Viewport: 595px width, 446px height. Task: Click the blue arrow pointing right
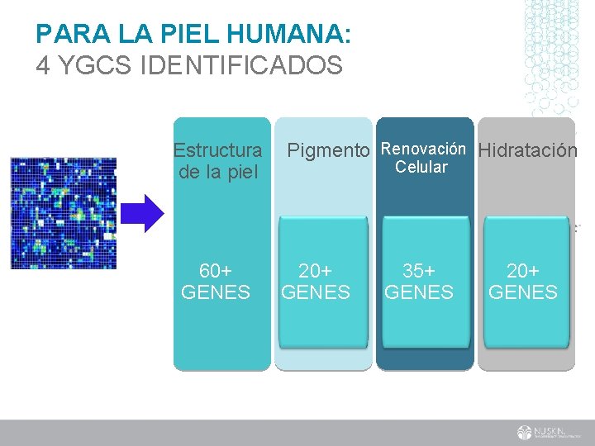point(150,213)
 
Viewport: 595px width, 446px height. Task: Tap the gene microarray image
point(64,213)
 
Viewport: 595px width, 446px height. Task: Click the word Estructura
point(217,151)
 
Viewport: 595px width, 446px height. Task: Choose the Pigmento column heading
point(327,151)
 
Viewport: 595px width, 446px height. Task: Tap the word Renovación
point(423,149)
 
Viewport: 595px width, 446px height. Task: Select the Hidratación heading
point(527,151)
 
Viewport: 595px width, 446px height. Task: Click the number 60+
point(216,272)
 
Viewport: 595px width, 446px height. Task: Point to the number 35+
point(419,272)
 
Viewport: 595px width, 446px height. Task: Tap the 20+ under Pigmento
point(316,272)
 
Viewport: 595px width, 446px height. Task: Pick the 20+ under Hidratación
point(523,272)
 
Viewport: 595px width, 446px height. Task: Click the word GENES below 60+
point(216,292)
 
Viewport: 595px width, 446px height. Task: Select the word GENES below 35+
point(419,292)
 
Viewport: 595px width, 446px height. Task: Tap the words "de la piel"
point(218,172)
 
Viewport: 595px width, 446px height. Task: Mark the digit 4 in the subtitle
point(42,65)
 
